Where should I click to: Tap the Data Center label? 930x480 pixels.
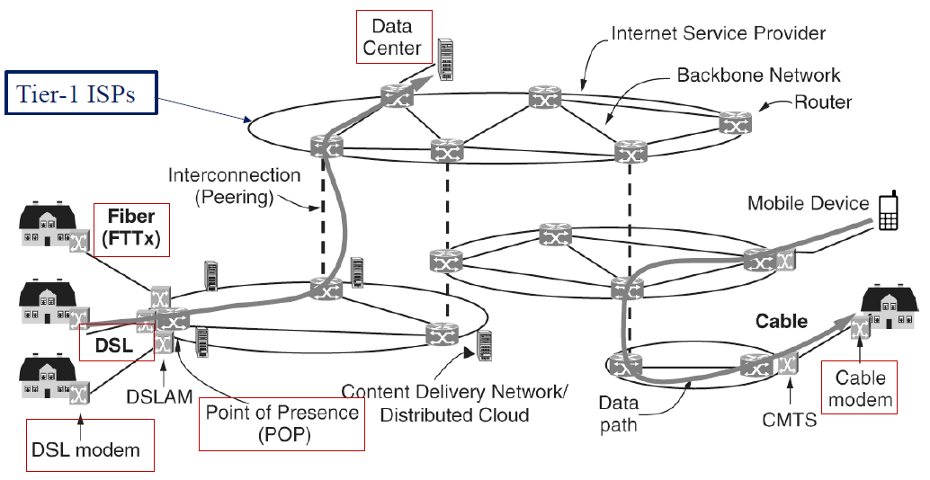point(394,37)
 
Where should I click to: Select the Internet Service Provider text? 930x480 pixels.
point(718,33)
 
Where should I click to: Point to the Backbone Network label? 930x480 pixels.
point(758,76)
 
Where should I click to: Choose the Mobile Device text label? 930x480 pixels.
point(809,203)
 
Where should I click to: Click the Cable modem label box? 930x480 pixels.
point(861,388)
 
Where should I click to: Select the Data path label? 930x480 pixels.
point(619,414)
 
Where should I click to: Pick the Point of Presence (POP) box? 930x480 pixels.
point(282,423)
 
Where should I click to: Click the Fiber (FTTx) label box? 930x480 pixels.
point(131,229)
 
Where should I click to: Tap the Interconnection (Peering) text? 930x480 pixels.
point(235,186)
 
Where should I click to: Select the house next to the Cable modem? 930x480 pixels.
point(890,310)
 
